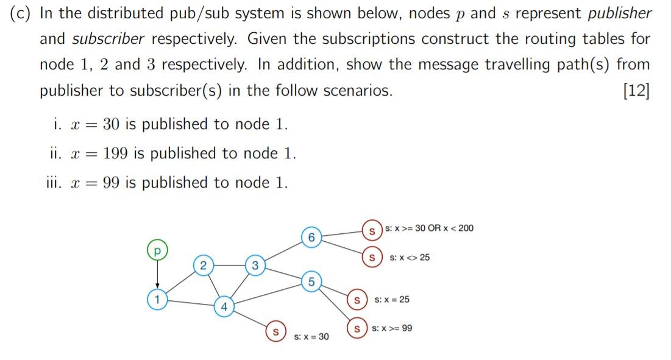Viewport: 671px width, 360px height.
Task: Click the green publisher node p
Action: (x=157, y=250)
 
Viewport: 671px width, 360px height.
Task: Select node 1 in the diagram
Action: (x=157, y=299)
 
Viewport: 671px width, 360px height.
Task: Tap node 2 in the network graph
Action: (x=204, y=264)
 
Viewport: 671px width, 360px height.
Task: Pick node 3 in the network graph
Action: (x=255, y=264)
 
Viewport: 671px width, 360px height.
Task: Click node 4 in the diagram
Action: (x=224, y=306)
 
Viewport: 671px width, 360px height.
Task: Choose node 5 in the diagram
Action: (x=311, y=281)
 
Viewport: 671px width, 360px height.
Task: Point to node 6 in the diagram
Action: (x=311, y=236)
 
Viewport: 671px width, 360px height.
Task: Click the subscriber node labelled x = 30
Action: (x=275, y=332)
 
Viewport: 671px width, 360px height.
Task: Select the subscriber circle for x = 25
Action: (x=356, y=300)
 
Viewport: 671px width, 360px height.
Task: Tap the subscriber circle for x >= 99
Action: (x=356, y=328)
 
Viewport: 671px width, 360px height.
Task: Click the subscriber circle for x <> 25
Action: (x=370, y=257)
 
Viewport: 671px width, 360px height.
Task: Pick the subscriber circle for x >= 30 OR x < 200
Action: (x=370, y=230)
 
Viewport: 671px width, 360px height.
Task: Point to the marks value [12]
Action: (x=636, y=91)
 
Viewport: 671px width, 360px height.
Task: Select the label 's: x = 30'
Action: (x=311, y=336)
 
